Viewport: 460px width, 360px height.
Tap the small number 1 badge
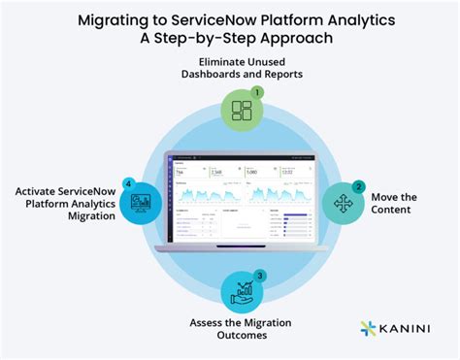[x=257, y=92]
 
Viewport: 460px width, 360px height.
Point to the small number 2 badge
[x=359, y=185]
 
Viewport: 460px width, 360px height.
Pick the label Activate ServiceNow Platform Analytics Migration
[x=59, y=202]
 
